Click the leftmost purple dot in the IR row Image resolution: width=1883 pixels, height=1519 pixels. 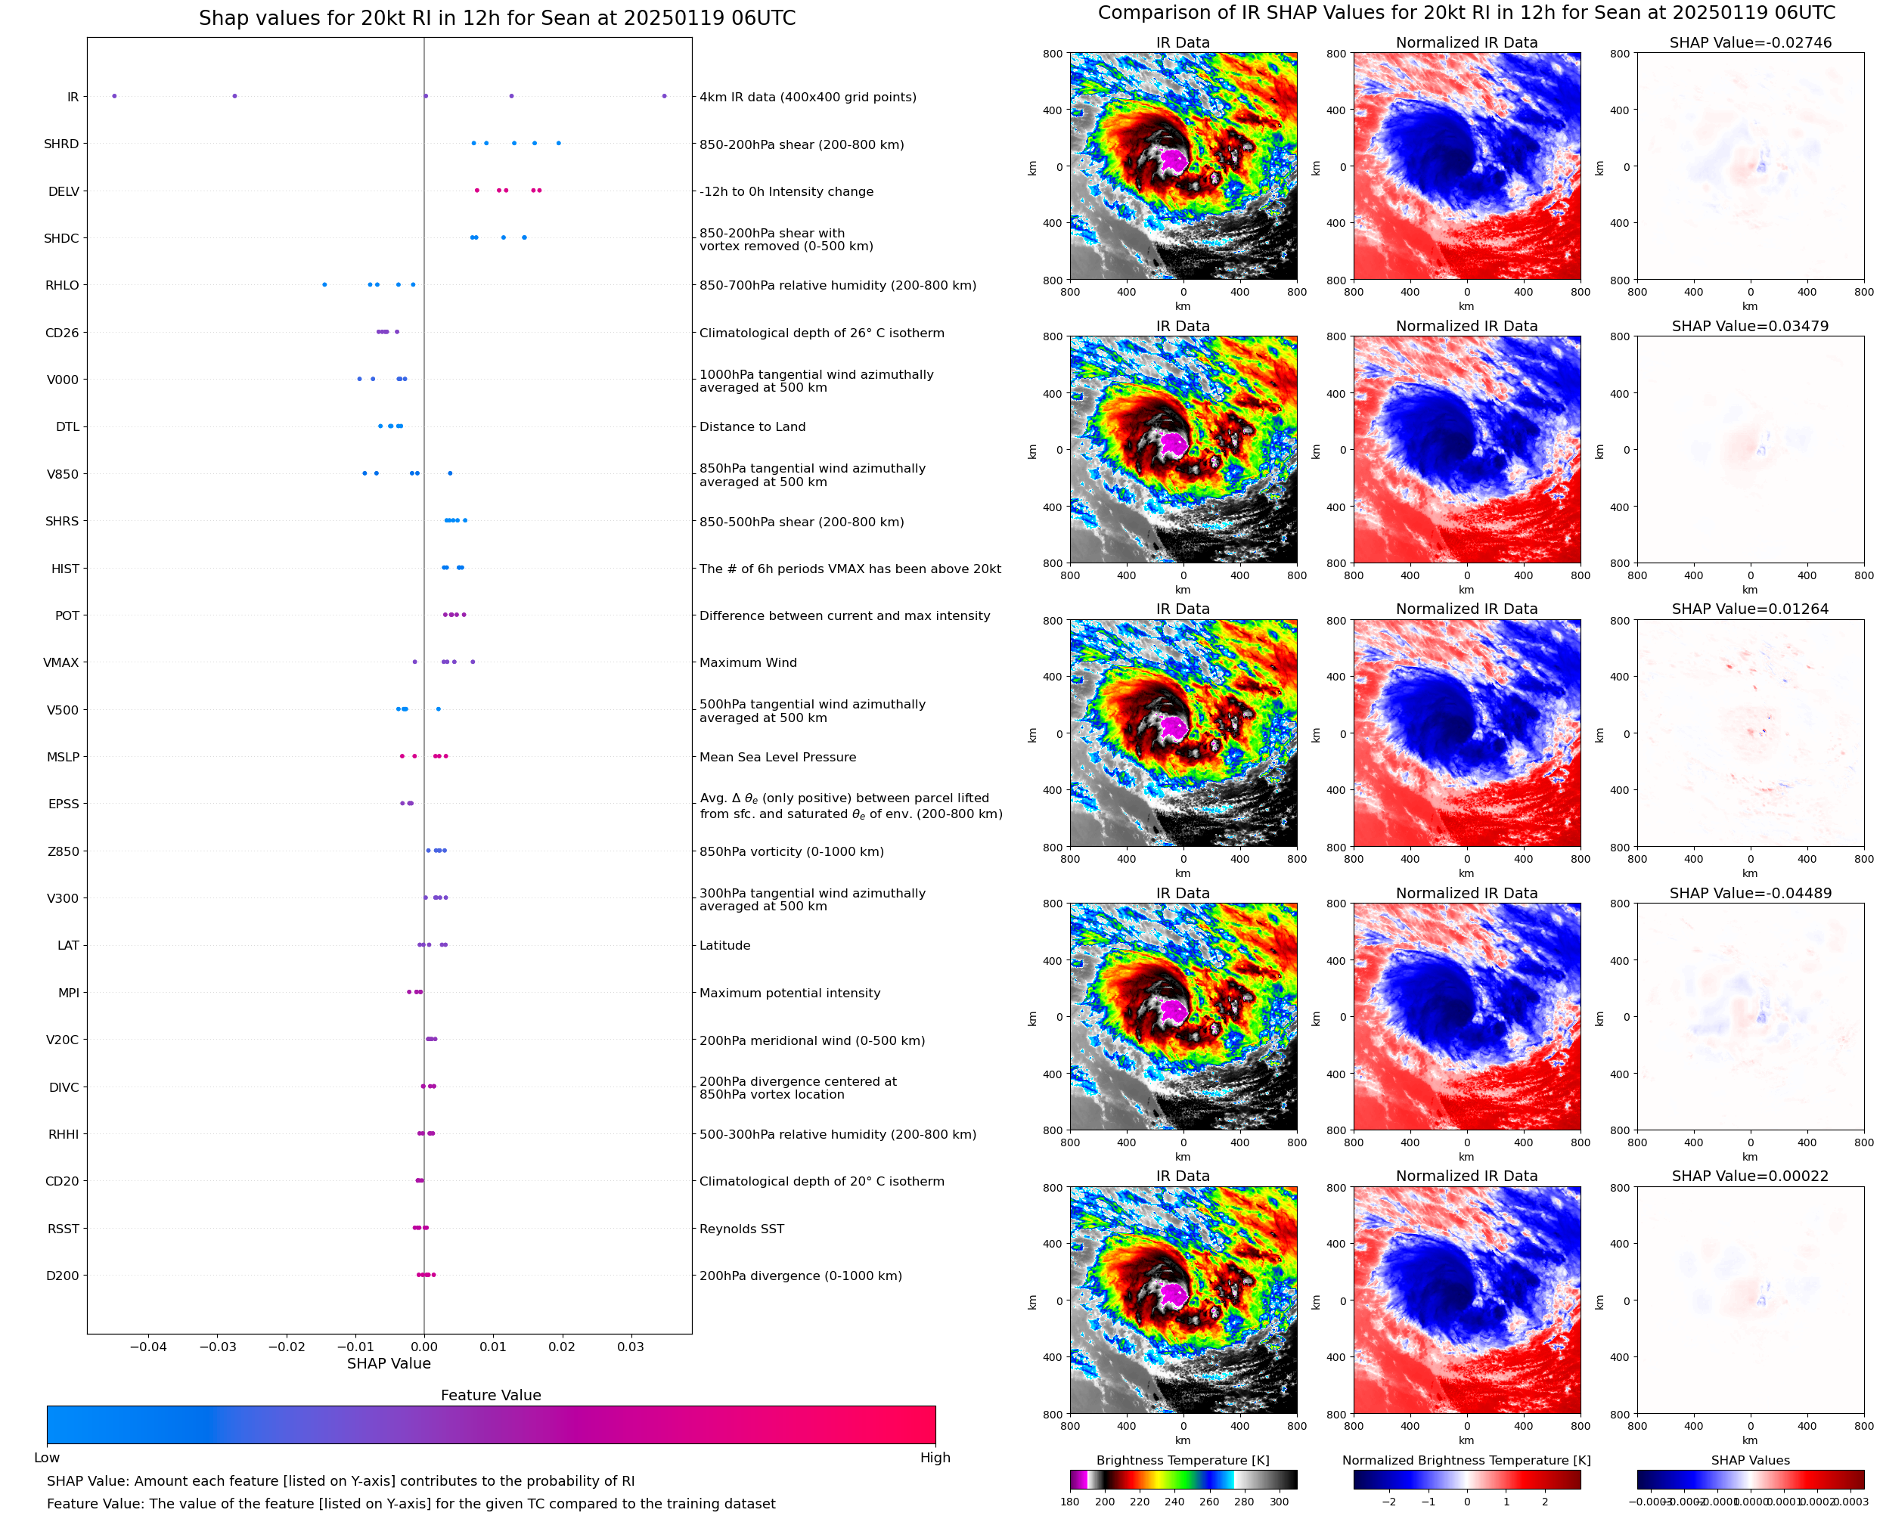[113, 96]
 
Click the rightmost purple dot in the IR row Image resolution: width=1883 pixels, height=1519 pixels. [664, 96]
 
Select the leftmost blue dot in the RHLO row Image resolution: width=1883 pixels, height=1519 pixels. [324, 284]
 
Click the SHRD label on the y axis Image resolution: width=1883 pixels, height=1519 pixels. [61, 144]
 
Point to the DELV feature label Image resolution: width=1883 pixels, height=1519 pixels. [63, 191]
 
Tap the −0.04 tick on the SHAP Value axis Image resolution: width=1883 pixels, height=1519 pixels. [148, 1347]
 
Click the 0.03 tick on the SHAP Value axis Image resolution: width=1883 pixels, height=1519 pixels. [631, 1347]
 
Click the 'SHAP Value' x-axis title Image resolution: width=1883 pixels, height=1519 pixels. [389, 1363]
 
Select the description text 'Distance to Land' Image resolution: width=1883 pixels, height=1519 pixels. [752, 427]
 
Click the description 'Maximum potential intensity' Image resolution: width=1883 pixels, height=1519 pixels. [789, 993]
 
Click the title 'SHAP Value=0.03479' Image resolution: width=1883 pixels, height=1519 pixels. [1750, 327]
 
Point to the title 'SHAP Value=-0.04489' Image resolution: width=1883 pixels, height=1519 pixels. [1750, 894]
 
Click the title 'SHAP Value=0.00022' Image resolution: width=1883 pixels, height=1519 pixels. [1750, 1176]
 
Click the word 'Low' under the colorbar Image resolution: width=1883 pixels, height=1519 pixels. [46, 1458]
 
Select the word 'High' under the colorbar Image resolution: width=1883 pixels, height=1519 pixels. [935, 1458]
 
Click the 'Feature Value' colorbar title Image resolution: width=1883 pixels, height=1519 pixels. [491, 1396]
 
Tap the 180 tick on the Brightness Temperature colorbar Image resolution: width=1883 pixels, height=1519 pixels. [1070, 1502]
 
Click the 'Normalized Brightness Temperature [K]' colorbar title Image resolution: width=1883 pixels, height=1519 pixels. [1466, 1460]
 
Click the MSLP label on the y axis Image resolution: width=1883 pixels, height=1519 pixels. [63, 757]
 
